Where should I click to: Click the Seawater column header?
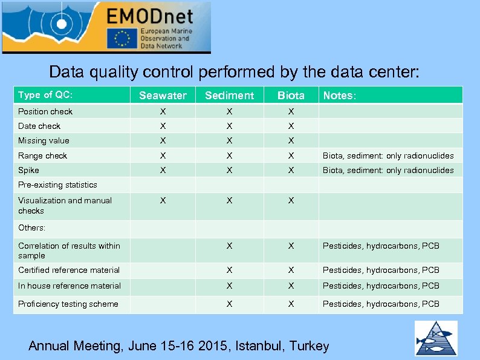(x=163, y=96)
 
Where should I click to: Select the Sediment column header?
(x=229, y=96)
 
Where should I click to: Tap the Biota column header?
(x=291, y=96)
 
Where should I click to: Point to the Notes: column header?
(x=340, y=96)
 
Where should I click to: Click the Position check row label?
(x=45, y=111)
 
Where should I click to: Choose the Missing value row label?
(x=44, y=141)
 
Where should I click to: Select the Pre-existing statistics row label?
(x=57, y=185)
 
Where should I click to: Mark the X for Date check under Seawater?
(x=162, y=126)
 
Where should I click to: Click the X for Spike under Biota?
(x=291, y=171)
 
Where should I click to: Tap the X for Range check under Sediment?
(x=229, y=156)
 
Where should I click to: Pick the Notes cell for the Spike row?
(x=388, y=171)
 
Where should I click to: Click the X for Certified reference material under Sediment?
(x=229, y=270)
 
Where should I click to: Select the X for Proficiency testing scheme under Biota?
(x=291, y=304)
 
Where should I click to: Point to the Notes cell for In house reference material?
(x=381, y=286)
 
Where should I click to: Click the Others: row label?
(x=31, y=228)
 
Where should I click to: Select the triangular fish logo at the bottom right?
(x=435, y=338)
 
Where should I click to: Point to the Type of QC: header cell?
(x=45, y=95)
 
